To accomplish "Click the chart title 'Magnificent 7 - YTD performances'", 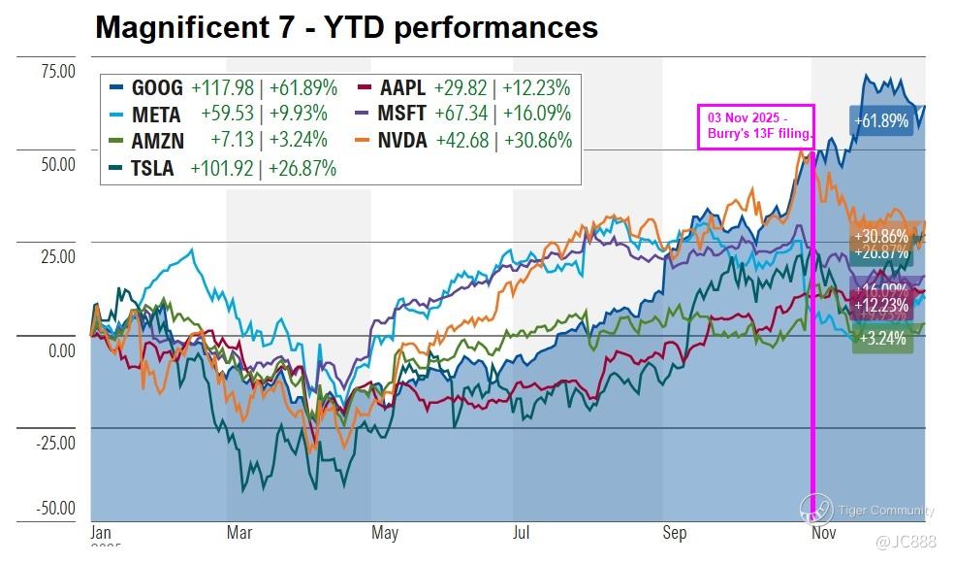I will pyautogui.click(x=346, y=27).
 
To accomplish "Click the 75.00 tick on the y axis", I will pyautogui.click(x=56, y=72).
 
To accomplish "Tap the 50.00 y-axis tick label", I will pyautogui.click(x=56, y=164).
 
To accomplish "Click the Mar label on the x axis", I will pyautogui.click(x=238, y=533).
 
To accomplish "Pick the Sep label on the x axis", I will pyautogui.click(x=674, y=533).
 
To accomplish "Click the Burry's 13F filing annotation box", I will pyautogui.click(x=755, y=126).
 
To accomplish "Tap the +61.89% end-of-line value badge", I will pyautogui.click(x=881, y=121).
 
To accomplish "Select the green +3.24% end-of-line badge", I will pyautogui.click(x=881, y=339).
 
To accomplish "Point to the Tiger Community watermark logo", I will pyautogui.click(x=815, y=508).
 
